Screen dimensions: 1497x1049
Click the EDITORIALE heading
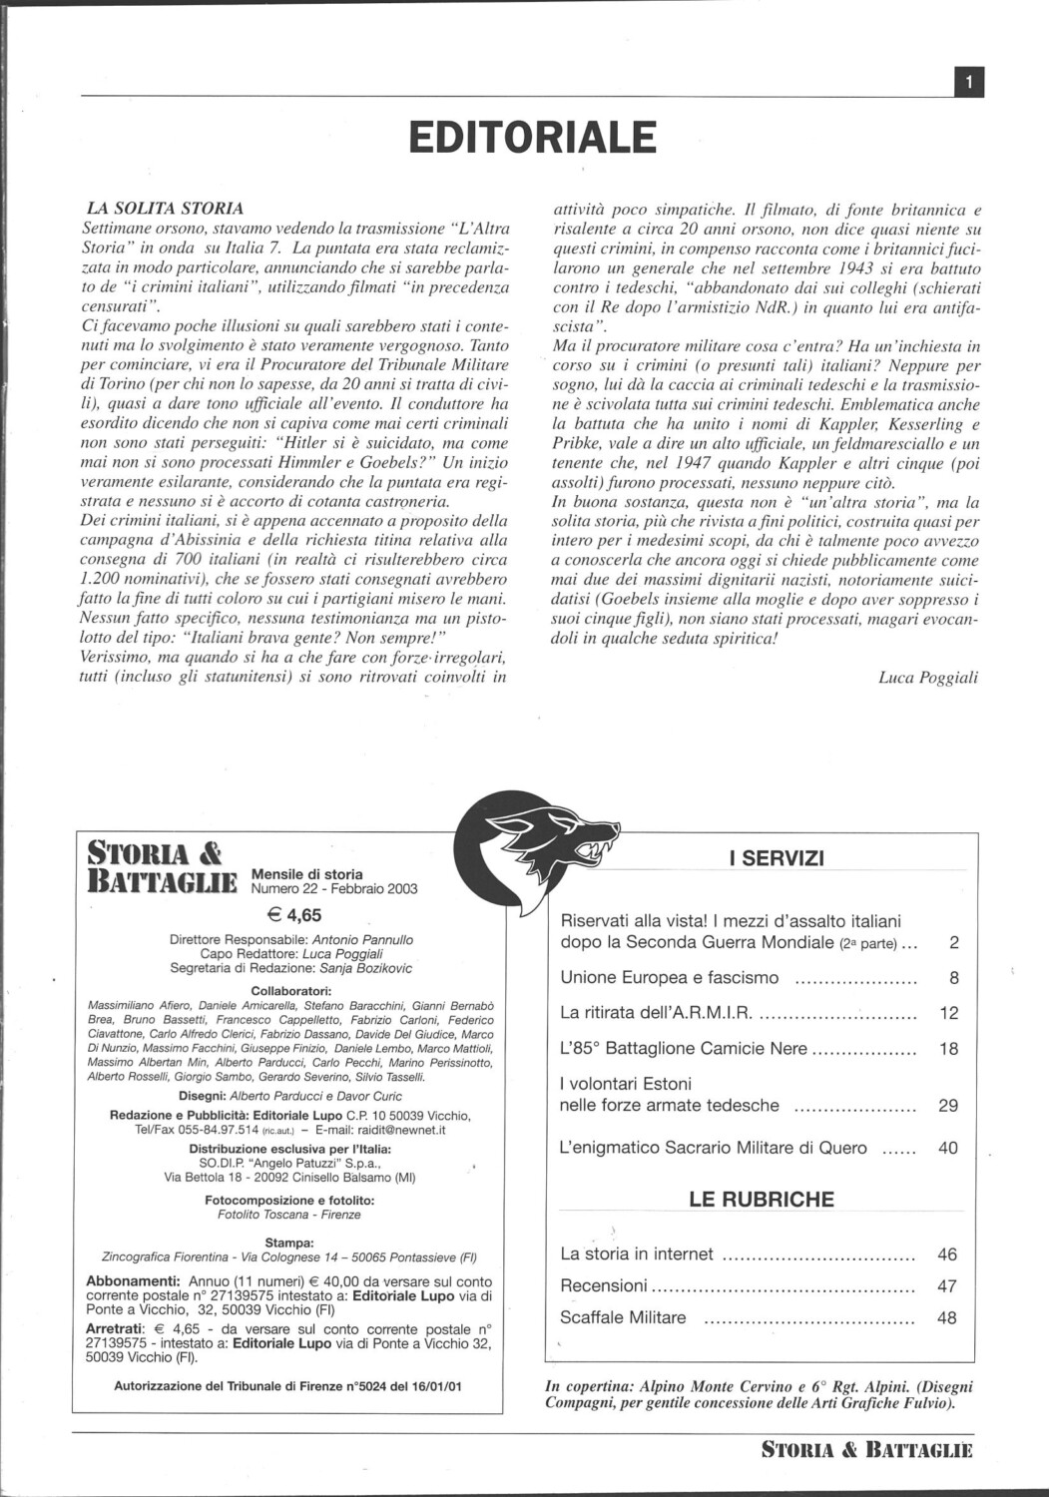tap(533, 138)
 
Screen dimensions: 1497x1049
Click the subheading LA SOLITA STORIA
tap(166, 209)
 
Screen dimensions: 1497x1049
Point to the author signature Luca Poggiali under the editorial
tap(928, 677)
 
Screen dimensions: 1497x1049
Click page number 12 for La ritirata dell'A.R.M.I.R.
tap(948, 1013)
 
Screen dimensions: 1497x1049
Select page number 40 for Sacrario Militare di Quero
tap(948, 1148)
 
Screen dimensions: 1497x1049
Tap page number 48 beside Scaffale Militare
tap(946, 1317)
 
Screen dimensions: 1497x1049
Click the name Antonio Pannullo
tap(362, 940)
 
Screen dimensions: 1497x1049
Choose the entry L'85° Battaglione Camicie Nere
tap(684, 1049)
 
